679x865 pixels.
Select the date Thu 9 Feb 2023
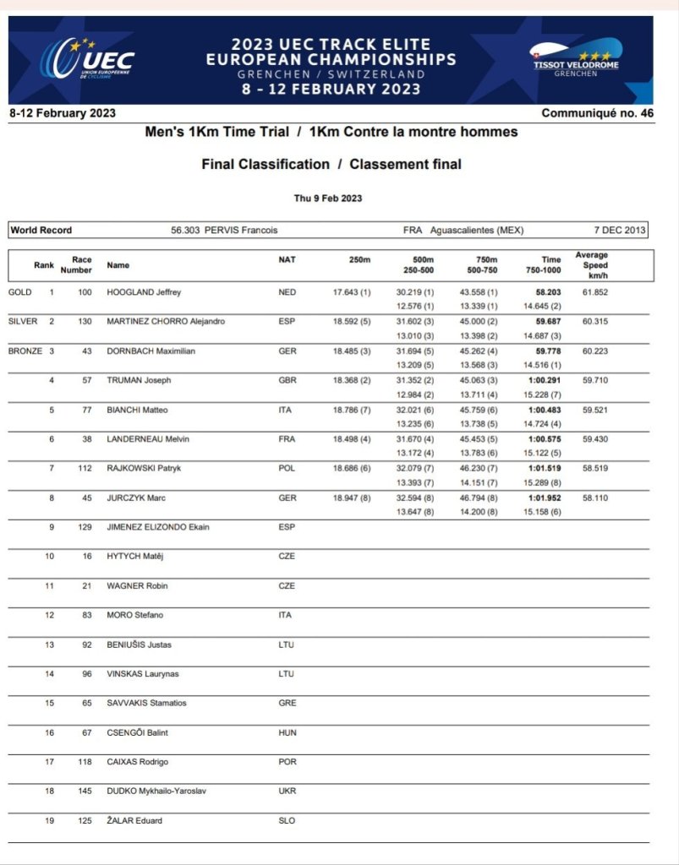(328, 198)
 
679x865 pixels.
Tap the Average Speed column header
(591, 265)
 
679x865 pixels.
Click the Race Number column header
(81, 265)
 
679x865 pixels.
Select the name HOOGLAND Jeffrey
(144, 292)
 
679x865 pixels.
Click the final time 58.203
(549, 292)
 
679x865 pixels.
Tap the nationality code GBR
(287, 380)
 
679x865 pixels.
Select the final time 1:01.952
(545, 498)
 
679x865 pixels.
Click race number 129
(85, 527)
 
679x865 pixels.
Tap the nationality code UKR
(287, 791)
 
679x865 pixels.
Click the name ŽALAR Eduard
(134, 820)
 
